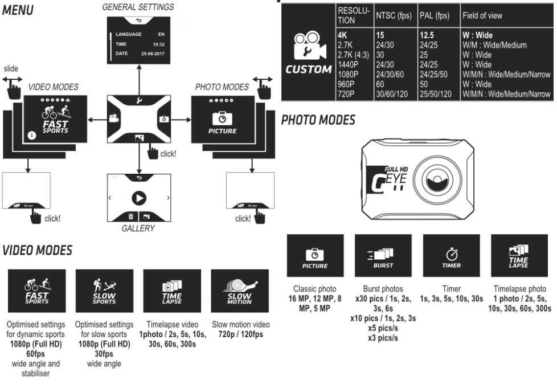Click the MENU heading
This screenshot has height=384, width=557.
(x=18, y=10)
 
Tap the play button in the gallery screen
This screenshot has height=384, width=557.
(x=138, y=198)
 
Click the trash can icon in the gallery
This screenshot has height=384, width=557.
(x=130, y=216)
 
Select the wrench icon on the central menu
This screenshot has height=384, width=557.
(x=138, y=101)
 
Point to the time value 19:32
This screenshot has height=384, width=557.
(x=158, y=44)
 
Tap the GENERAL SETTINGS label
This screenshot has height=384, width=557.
(x=138, y=7)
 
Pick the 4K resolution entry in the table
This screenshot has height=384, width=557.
(x=343, y=35)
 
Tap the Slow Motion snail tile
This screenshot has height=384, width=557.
(x=240, y=291)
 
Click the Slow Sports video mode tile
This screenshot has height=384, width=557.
(x=104, y=291)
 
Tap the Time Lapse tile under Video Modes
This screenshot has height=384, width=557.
(x=172, y=291)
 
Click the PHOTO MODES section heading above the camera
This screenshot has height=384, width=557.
(x=318, y=120)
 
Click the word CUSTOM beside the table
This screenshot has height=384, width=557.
(x=309, y=70)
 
